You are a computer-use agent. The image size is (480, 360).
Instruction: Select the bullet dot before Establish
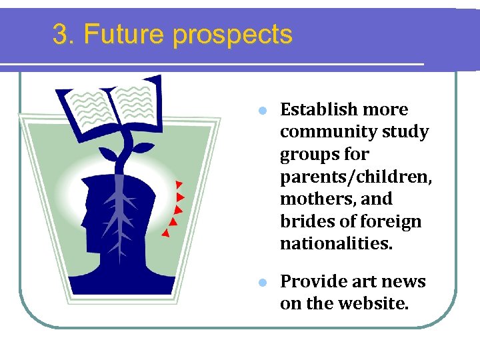tap(263, 110)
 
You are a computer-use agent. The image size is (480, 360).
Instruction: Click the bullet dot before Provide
tap(263, 282)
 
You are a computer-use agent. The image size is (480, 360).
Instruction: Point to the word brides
tap(302, 221)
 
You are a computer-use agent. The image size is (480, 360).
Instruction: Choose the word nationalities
tap(337, 244)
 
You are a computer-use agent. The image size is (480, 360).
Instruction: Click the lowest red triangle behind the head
tap(165, 233)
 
